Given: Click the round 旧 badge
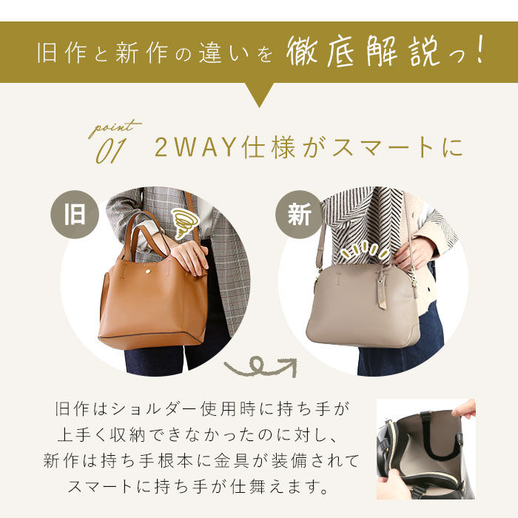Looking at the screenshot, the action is click(75, 215).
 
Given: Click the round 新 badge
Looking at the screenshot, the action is click(299, 215).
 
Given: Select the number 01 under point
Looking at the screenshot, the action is click(111, 151).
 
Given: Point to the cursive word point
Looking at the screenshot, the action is click(114, 128).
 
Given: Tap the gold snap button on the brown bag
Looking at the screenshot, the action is click(148, 272).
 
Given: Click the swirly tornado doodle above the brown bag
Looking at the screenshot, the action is click(184, 223).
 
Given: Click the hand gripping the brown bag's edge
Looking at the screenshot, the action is click(189, 256).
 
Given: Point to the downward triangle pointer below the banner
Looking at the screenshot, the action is click(259, 93).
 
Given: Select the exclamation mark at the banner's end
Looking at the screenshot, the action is click(477, 50).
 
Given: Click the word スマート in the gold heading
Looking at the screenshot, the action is click(383, 148).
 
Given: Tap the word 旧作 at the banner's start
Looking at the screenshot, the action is click(62, 53).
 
